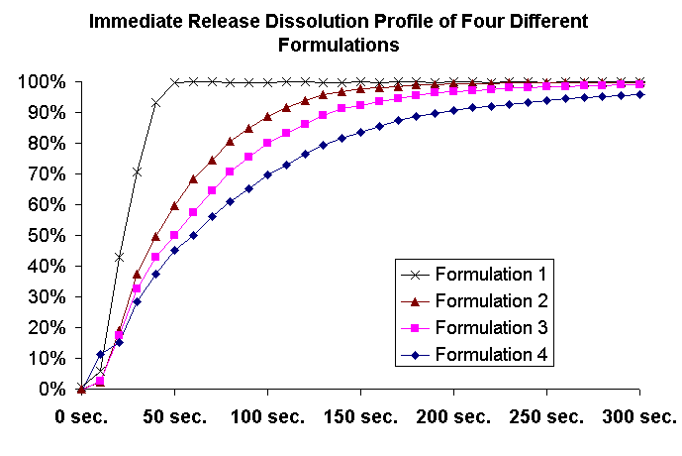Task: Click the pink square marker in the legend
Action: coord(425,327)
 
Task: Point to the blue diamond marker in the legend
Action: coord(425,354)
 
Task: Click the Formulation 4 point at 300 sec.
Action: coord(639,94)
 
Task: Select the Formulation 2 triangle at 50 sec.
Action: coord(174,205)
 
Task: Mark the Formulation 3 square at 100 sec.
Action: coord(267,143)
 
